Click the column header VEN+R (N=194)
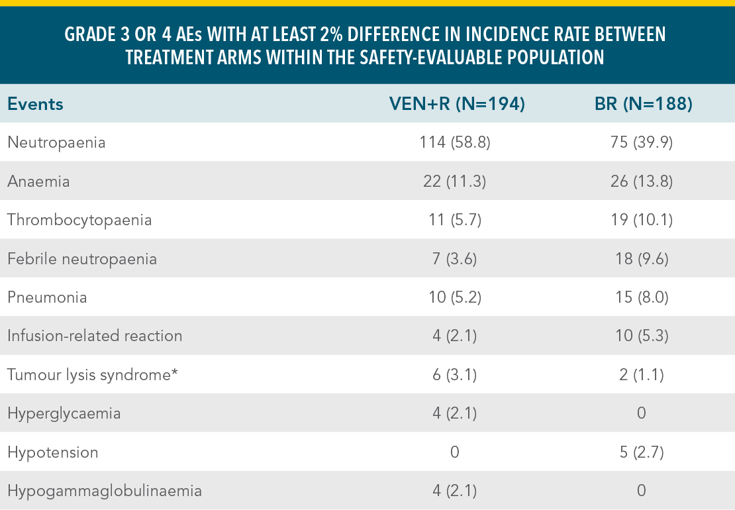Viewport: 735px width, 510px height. pos(456,104)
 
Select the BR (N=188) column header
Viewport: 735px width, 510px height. pos(640,104)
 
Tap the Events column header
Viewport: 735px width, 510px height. pos(35,104)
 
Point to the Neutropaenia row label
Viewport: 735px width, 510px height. pos(56,142)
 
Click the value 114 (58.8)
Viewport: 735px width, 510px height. pos(456,142)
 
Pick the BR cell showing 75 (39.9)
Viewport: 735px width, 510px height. pos(641,142)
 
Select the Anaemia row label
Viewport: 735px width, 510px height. pos(38,181)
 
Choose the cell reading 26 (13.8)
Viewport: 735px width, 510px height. pos(641,181)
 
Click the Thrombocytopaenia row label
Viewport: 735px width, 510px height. pos(79,220)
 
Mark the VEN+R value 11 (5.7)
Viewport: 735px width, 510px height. pos(456,220)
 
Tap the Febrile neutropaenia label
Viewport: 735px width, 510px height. pos(82,258)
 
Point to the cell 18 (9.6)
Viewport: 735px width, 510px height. pos(641,258)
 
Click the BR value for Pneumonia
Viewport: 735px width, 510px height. pos(641,297)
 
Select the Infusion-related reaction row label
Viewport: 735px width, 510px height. pos(95,336)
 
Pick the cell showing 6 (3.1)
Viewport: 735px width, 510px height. pos(456,375)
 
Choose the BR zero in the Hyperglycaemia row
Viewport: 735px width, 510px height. pos(641,414)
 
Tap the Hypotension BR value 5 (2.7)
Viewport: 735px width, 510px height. pos(641,452)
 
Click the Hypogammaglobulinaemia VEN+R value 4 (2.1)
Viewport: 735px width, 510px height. pos(456,491)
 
